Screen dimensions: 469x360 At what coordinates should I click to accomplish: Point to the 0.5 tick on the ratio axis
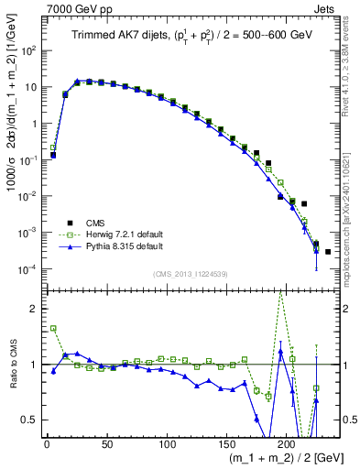coord(31,420)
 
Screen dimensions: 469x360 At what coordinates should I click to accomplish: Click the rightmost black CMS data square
coord(328,251)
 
